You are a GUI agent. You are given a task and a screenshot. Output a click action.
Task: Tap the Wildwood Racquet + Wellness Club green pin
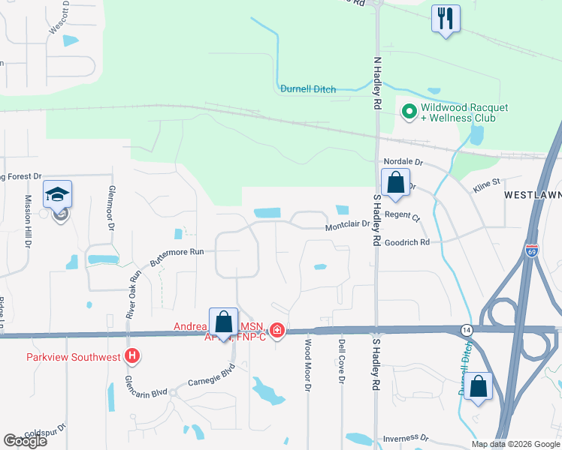[x=409, y=112]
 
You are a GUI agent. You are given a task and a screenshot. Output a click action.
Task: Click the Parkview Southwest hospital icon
[x=133, y=356]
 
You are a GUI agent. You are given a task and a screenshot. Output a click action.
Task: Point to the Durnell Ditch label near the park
[x=308, y=88]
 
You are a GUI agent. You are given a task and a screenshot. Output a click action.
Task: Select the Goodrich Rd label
[x=406, y=242]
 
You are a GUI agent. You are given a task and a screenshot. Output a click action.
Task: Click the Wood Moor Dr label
[x=307, y=365]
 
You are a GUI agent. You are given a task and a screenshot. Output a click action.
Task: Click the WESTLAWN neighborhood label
[x=532, y=195]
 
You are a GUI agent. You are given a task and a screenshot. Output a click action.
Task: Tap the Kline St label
[x=485, y=182]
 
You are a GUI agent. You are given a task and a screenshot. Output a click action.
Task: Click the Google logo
[x=25, y=441]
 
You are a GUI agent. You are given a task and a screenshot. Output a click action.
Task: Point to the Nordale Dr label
[x=403, y=161]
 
